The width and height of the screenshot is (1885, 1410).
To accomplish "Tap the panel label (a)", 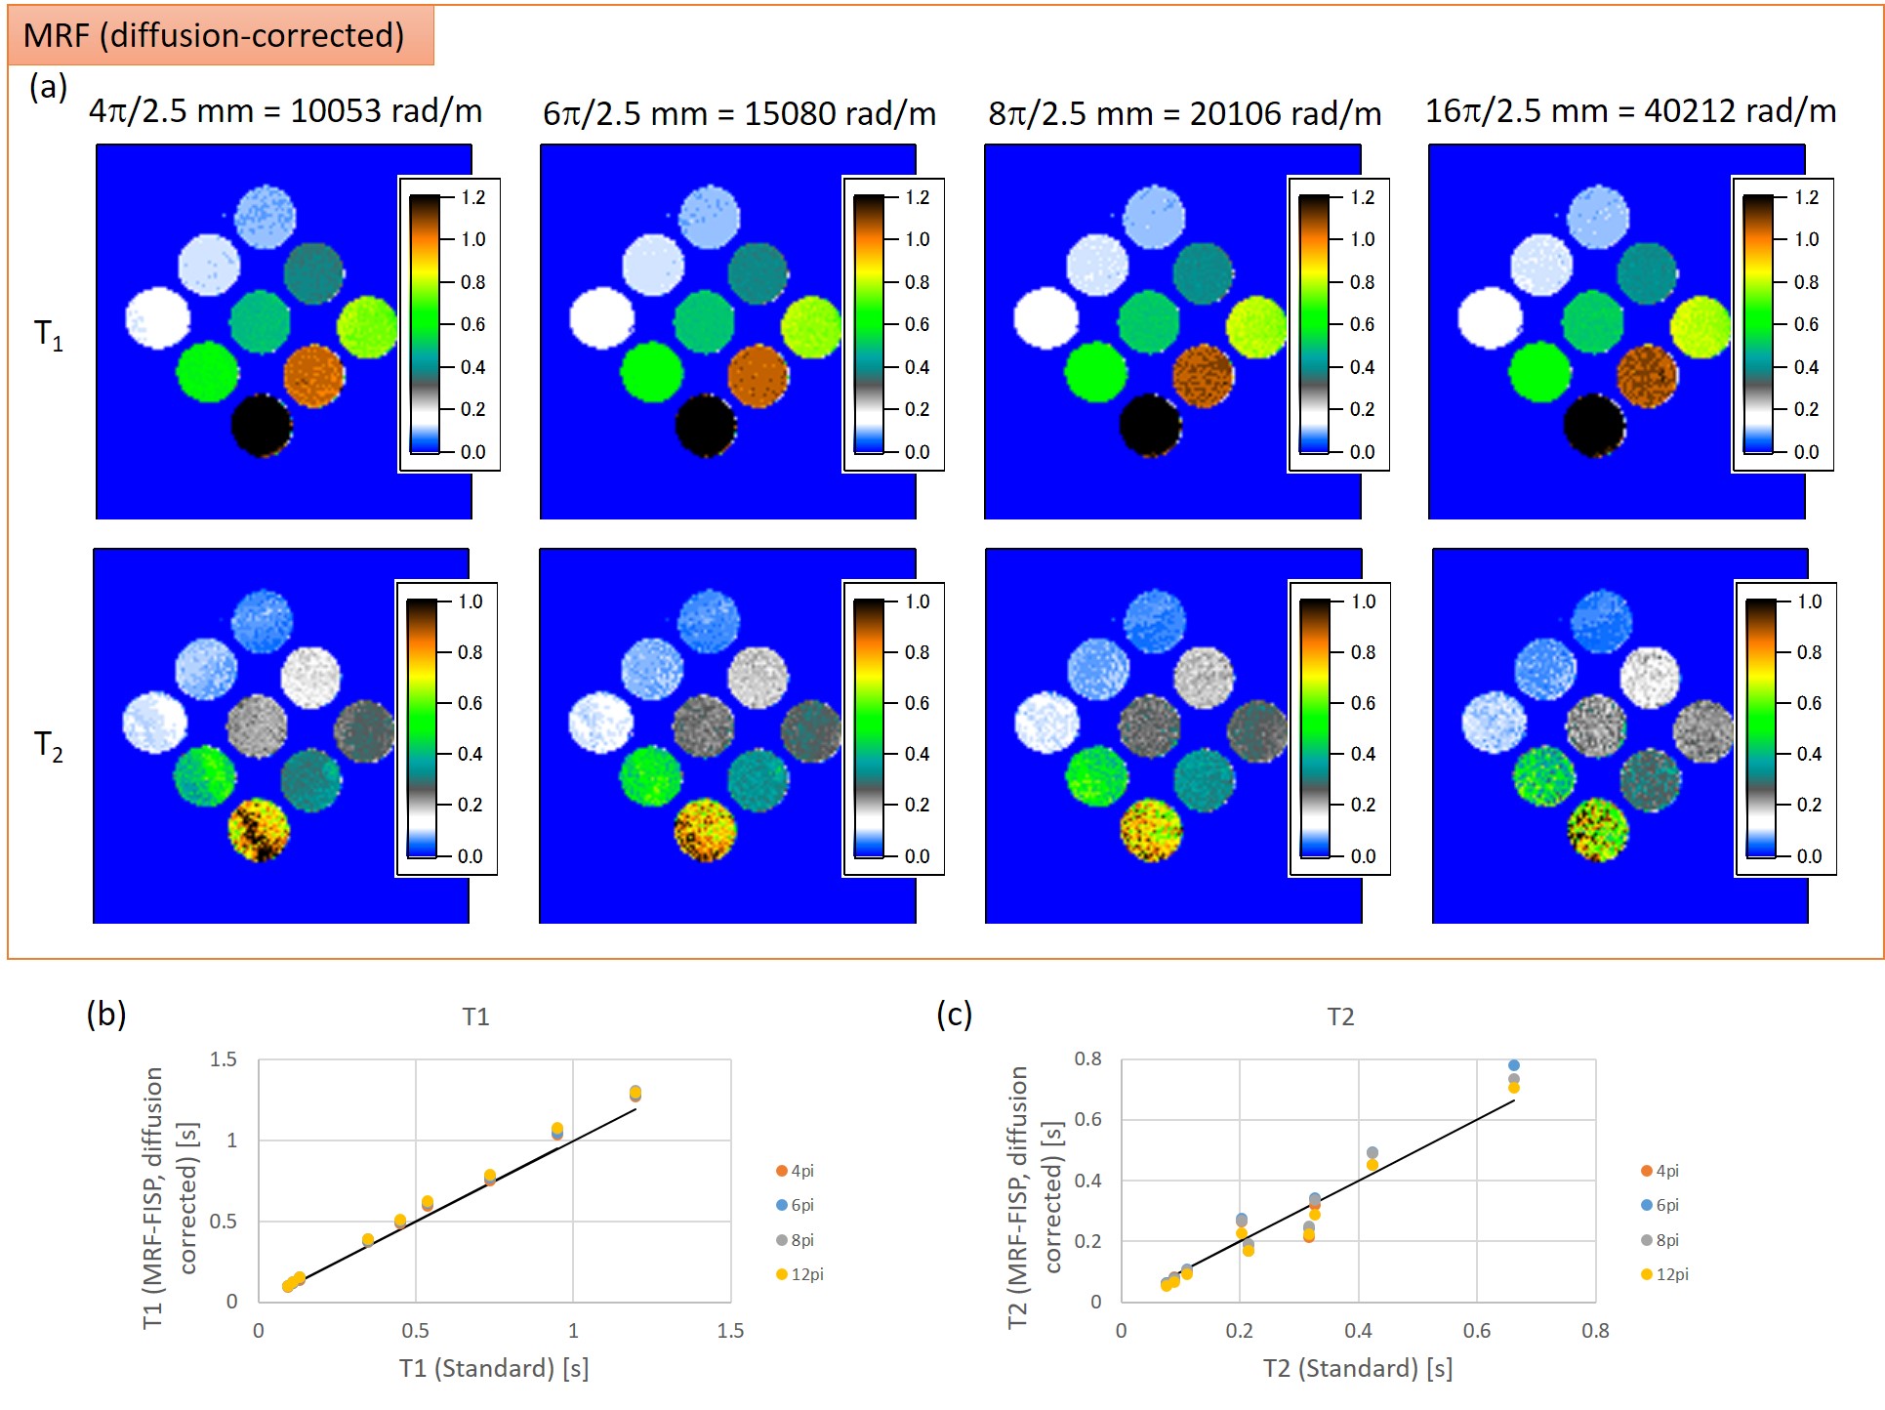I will [48, 87].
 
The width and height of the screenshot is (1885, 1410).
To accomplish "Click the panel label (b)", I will [106, 1014].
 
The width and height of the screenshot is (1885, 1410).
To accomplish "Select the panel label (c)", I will [954, 1014].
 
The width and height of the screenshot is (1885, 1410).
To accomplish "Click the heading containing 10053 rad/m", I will [286, 111].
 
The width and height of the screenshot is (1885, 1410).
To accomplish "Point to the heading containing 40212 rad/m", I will [1630, 111].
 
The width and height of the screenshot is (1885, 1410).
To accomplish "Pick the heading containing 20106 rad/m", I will [1184, 113].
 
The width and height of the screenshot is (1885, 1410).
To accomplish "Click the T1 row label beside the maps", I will [49, 335].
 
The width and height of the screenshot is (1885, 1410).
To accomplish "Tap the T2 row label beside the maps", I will [49, 746].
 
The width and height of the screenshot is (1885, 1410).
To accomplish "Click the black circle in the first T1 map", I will [262, 425].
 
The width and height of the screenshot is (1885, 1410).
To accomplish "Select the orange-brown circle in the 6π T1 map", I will [758, 375].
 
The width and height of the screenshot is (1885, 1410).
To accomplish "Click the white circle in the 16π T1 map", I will [1489, 318].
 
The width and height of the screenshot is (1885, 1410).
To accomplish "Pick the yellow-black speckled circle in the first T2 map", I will [259, 830].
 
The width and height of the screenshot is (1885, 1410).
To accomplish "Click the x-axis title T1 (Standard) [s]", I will [493, 1368].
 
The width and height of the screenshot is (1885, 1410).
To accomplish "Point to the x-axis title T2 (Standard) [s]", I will [1357, 1368].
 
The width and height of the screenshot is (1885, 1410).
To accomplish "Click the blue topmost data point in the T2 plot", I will [1513, 1065].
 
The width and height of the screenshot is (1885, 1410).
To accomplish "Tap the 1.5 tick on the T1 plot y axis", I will [224, 1059].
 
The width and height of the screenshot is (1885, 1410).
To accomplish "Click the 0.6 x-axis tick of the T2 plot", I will [1477, 1330].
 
